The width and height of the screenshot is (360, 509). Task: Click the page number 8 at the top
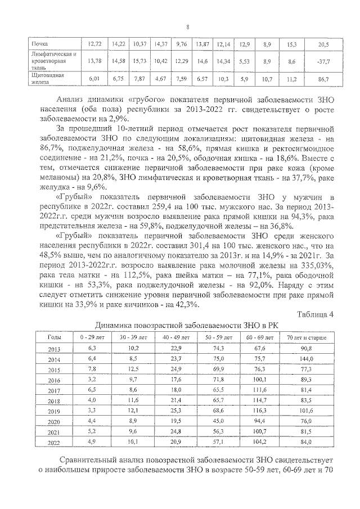(188, 26)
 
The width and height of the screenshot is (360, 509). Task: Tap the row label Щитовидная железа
(44, 79)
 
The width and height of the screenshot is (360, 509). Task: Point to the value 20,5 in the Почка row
(323, 44)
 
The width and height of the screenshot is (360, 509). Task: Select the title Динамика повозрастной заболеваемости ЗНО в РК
(186, 325)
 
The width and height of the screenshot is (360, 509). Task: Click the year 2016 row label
(55, 380)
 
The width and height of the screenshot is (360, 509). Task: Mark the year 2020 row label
(55, 422)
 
